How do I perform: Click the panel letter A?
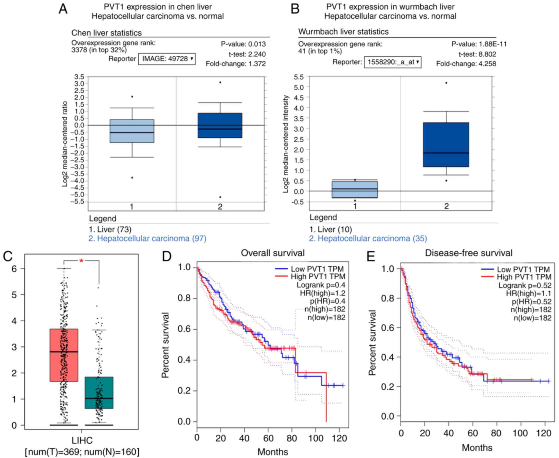coord(63,9)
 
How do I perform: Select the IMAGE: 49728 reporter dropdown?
coord(167,59)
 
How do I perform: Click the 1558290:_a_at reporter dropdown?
coord(393,62)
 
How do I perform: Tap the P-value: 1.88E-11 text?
coord(479,44)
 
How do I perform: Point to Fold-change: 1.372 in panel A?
coord(235,64)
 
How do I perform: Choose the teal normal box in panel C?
coord(99,393)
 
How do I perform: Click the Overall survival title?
coord(273,253)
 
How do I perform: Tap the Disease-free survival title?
coord(468,253)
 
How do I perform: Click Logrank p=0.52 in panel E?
coord(525,285)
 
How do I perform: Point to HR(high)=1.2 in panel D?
coord(322,293)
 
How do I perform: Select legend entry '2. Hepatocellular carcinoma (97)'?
coord(147,238)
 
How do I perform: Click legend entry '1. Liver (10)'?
coord(330,229)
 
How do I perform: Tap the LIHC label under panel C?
coord(82,441)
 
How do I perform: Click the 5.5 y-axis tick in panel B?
coord(299,77)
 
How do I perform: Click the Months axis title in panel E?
coord(477,448)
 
